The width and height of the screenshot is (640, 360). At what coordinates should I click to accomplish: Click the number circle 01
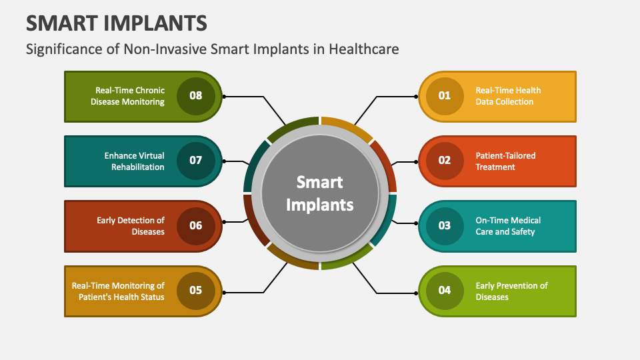click(x=444, y=96)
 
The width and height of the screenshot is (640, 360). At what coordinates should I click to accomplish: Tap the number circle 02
click(x=444, y=161)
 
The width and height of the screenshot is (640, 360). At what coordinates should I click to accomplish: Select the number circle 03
click(x=444, y=225)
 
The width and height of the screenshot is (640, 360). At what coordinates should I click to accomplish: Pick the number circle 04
click(x=444, y=291)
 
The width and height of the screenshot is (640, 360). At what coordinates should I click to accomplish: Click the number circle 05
click(x=195, y=291)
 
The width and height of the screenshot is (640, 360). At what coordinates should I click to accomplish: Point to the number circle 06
click(x=195, y=225)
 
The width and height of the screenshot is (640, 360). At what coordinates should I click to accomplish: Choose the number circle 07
click(x=195, y=161)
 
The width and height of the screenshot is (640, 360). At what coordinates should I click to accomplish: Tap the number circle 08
click(x=195, y=96)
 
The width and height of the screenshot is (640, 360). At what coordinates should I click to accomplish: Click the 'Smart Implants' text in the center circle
click(x=320, y=193)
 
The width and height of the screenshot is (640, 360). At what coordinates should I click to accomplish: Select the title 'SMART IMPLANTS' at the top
click(x=117, y=23)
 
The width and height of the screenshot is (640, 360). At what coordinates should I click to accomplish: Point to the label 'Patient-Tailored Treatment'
click(x=505, y=161)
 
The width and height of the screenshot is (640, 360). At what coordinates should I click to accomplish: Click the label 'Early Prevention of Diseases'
click(x=511, y=291)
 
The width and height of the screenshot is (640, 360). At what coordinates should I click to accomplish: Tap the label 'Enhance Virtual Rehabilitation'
click(x=134, y=161)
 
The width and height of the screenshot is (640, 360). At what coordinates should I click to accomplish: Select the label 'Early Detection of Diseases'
click(x=131, y=226)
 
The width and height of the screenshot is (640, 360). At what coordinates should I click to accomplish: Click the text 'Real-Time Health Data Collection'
click(x=507, y=96)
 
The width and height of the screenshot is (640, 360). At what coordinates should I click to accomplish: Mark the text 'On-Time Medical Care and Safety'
click(x=507, y=226)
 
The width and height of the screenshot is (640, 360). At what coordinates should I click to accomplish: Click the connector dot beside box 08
click(x=225, y=97)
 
